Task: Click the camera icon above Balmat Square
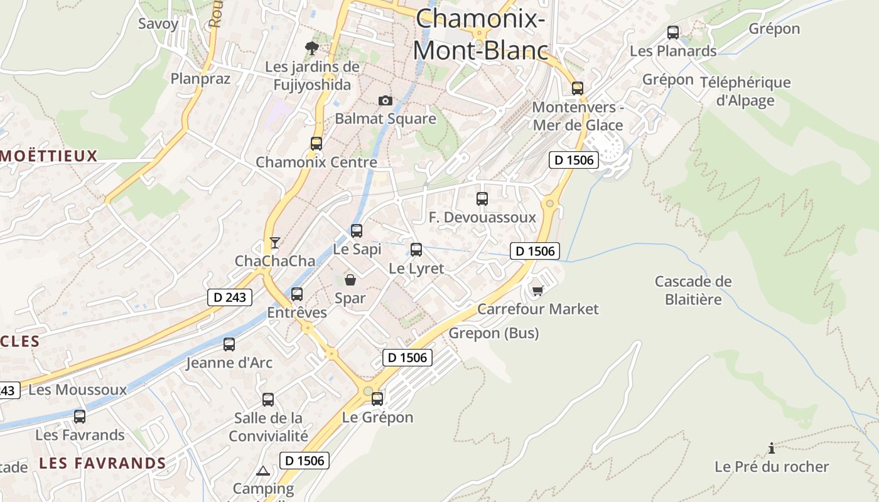coord(386,100)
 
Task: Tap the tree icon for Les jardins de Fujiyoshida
coord(311,48)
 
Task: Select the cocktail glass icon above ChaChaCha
coord(274,242)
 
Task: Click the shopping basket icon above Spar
coord(350,280)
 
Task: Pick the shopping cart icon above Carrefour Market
coord(537,290)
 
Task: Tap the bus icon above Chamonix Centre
coord(316,143)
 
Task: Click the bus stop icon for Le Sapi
coord(357,230)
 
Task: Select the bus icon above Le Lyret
coord(416,250)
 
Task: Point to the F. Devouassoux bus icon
coord(482,199)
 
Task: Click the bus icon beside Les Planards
coord(673,33)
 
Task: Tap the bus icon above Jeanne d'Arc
coord(229,344)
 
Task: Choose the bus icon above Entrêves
coord(297,294)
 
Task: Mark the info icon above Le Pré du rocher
coord(772,448)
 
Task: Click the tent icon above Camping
coord(263,471)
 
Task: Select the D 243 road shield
coord(230,297)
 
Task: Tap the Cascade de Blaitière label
coord(693,290)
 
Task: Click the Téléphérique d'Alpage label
coord(745,91)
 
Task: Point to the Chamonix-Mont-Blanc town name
coord(480,34)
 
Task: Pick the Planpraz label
coord(201,78)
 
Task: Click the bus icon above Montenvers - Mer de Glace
coord(578,88)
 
